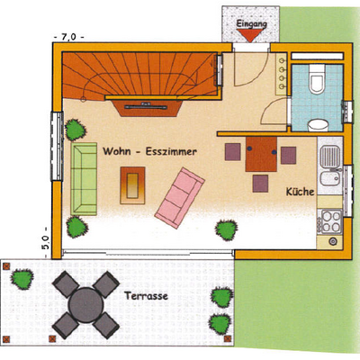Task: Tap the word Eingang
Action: click(251, 23)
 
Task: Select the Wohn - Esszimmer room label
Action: click(149, 151)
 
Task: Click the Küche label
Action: click(300, 192)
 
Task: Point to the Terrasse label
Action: click(147, 296)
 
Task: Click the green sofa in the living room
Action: click(84, 179)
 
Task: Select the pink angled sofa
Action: click(180, 198)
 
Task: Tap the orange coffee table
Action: click(132, 185)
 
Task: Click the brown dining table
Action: click(261, 154)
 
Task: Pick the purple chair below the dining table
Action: click(260, 184)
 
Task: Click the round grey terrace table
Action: click(85, 305)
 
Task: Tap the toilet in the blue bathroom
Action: click(317, 78)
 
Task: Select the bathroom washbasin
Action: click(318, 125)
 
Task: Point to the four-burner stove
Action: click(330, 221)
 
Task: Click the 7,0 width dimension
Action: click(68, 37)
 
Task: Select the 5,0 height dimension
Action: click(45, 242)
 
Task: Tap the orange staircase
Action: click(139, 75)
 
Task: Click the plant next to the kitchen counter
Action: click(227, 230)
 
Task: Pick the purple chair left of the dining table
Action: click(233, 152)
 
